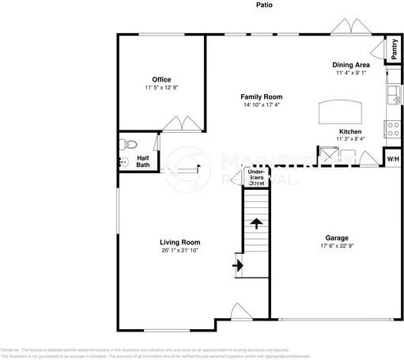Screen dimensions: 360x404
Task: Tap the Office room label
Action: (163, 79)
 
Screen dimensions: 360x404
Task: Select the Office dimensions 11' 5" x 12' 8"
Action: (163, 88)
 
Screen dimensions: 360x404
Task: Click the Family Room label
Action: (261, 96)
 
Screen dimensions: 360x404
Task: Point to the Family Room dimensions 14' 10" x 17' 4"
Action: (261, 104)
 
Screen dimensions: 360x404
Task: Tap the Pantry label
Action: (394, 50)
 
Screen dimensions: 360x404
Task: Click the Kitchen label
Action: (351, 131)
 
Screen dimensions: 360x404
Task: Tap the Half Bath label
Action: (143, 161)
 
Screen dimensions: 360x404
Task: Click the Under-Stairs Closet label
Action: (256, 177)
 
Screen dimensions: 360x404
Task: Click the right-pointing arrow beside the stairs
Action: (236, 266)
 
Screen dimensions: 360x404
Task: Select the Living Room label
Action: (181, 242)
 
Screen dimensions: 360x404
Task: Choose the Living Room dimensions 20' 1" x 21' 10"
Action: (181, 251)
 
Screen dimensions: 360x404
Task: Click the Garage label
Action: (337, 237)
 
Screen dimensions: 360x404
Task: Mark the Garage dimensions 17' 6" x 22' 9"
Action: (337, 246)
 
